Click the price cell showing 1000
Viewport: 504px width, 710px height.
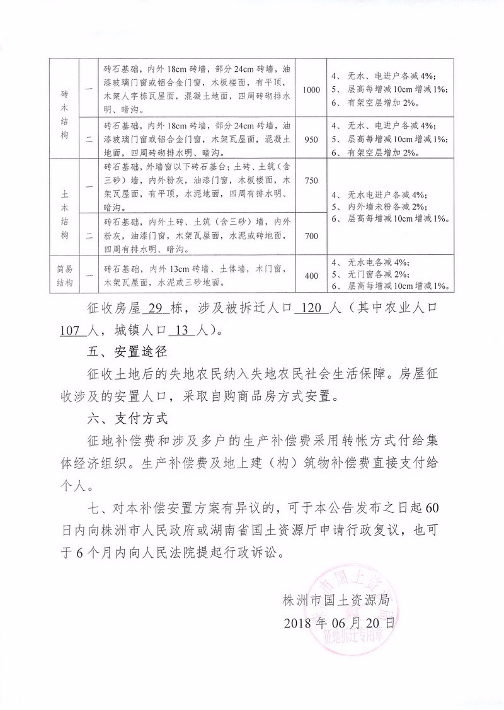[x=311, y=89]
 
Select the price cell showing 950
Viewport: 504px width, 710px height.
[x=311, y=137]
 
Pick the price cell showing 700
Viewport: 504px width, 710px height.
[x=311, y=236]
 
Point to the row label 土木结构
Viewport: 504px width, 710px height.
[x=65, y=208]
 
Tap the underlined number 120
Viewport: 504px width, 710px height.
[x=313, y=310]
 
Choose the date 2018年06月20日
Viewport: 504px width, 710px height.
[x=340, y=623]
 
